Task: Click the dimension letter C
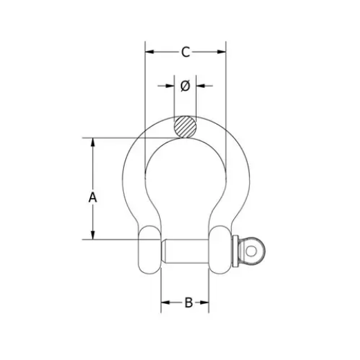[x=185, y=52]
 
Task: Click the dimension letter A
[x=93, y=198]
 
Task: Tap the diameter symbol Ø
[x=185, y=85]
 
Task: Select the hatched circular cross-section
[x=185, y=127]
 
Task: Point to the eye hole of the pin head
[x=252, y=249]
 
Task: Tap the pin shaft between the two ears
[x=185, y=250]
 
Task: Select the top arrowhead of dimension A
[x=93, y=143]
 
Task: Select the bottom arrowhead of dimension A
[x=93, y=235]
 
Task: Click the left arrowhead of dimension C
[x=150, y=52]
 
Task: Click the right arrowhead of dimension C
[x=222, y=52]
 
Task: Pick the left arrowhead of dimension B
[x=165, y=303]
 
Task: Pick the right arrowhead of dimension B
[x=206, y=303]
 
